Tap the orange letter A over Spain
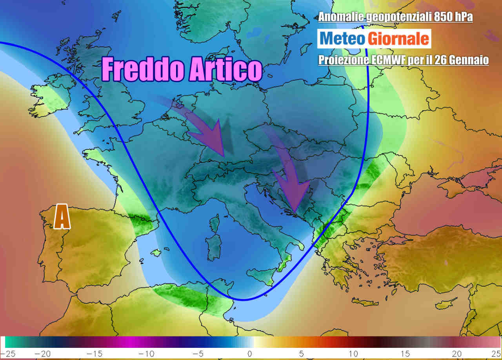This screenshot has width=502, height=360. pos(62,216)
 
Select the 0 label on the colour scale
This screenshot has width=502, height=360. pos(249,354)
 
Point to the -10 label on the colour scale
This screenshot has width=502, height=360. pos(149,354)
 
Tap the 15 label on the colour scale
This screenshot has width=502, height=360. pos(403,354)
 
